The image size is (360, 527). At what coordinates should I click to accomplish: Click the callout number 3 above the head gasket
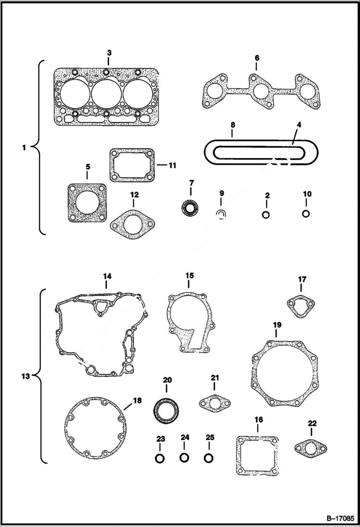109,52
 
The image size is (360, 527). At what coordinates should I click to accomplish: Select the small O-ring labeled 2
266,214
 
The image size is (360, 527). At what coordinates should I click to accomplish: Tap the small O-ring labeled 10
306,213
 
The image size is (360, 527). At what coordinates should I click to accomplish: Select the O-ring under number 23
160,458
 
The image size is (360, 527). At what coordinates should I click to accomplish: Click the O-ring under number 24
185,458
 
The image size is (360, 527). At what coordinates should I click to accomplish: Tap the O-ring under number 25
209,458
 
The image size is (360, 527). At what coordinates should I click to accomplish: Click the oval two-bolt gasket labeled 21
214,402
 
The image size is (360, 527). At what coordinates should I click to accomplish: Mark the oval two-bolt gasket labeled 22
311,448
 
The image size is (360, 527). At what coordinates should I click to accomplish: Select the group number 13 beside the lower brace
26,376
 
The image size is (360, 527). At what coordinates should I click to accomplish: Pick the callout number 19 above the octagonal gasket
277,325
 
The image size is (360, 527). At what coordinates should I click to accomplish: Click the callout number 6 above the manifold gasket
257,58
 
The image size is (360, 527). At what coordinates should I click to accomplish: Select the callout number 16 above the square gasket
258,420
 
